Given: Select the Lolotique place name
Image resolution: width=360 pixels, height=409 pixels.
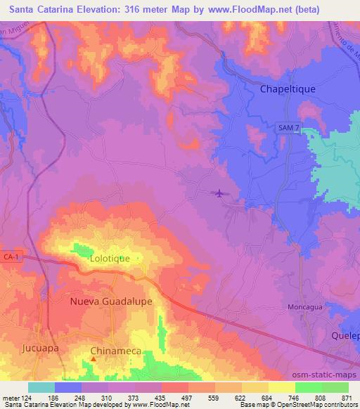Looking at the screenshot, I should pos(110,259).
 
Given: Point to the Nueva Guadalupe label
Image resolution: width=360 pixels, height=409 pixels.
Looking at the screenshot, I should pos(111,301).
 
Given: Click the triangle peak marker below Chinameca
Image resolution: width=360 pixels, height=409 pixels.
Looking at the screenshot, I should pos(93,360).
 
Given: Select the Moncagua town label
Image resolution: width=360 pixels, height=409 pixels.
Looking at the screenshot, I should pos(305,308).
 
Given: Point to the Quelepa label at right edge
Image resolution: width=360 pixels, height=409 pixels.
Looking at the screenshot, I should pos(345,336).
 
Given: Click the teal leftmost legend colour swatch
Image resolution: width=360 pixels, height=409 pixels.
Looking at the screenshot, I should pos(41,387).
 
